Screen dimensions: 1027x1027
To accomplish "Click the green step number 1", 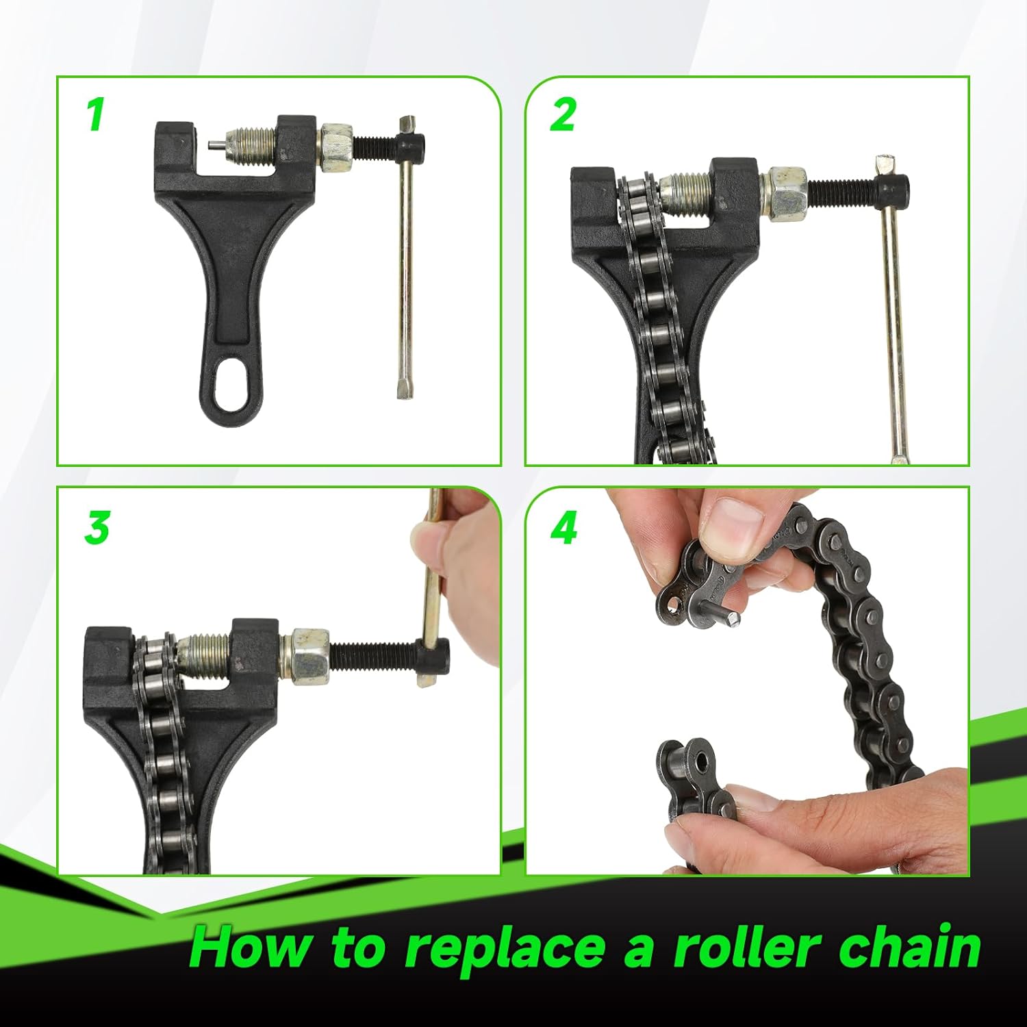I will (96, 114).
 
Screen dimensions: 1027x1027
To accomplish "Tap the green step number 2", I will (563, 114).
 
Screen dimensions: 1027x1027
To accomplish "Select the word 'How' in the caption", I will (249, 948).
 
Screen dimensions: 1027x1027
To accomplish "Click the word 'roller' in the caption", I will (746, 948).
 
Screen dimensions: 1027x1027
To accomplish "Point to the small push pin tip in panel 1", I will (214, 146).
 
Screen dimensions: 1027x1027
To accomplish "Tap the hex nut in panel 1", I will (336, 147).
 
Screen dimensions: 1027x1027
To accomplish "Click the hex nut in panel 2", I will (785, 194).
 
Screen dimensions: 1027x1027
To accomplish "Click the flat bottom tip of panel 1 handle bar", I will (404, 390).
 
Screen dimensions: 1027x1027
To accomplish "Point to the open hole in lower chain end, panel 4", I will (698, 762).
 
